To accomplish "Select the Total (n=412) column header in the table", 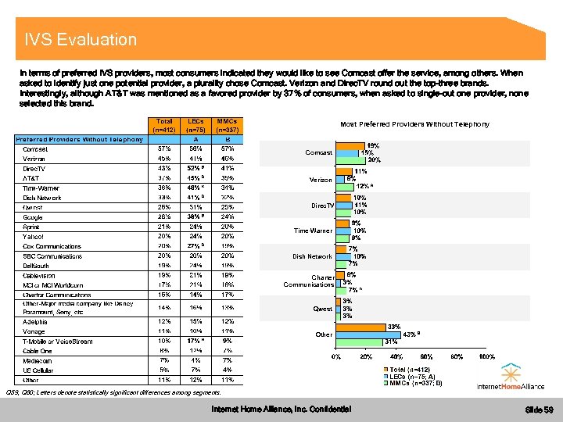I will [164, 125].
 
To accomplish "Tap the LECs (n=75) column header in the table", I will [195, 125].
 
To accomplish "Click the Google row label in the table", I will [34, 216].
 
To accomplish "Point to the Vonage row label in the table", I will [34, 331].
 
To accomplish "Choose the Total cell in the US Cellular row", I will [164, 370].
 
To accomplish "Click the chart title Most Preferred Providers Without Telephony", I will [414, 124].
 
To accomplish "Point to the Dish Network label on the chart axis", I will [313, 256].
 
